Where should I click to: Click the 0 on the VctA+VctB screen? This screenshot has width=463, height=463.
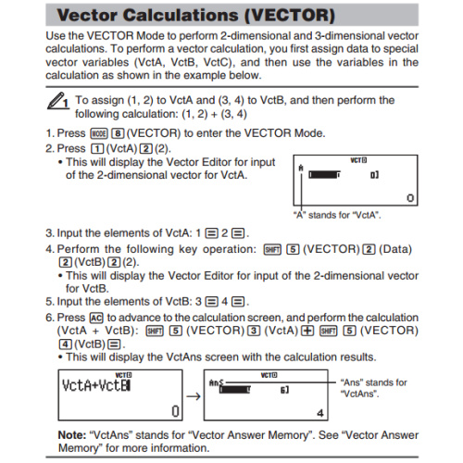172,412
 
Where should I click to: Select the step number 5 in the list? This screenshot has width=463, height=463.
50,301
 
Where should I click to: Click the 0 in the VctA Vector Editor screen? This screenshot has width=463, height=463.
409,197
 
